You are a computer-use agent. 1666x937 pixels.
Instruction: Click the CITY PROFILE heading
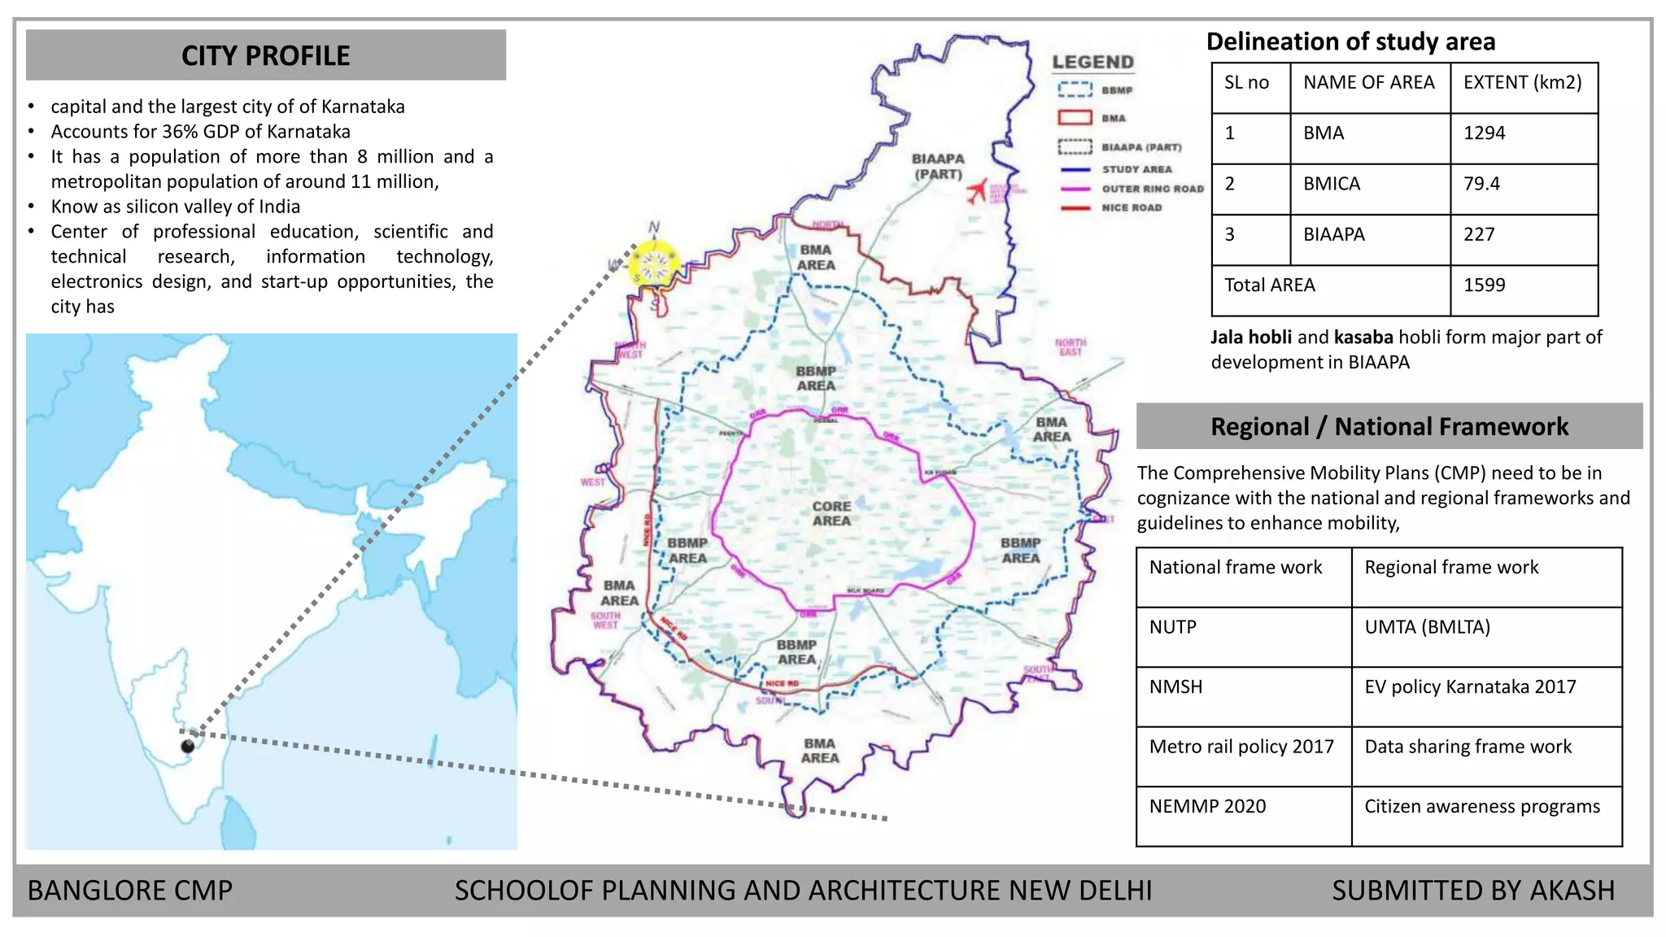pos(265,55)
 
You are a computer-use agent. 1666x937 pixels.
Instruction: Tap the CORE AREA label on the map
pos(831,513)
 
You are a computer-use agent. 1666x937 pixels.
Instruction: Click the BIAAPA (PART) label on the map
pos(938,166)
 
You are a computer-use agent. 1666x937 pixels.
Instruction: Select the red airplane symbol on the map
pos(977,191)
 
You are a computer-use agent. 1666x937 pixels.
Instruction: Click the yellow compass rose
pos(654,264)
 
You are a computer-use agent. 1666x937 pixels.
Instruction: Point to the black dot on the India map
pos(188,746)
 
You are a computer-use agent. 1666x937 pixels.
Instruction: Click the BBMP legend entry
pos(1095,90)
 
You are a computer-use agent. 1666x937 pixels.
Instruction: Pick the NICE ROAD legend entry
pos(1131,208)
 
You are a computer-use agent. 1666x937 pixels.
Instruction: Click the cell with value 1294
pos(1485,133)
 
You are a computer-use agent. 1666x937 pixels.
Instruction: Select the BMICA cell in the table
pos(1332,184)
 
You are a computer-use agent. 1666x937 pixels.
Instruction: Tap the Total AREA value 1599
pos(1485,285)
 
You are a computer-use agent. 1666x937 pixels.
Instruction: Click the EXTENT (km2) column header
pos(1522,83)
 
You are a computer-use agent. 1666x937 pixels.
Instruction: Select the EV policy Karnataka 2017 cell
pos(1470,687)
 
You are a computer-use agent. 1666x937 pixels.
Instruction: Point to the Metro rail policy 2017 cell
pos(1241,747)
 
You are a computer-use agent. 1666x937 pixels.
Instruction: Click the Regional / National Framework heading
pos(1389,427)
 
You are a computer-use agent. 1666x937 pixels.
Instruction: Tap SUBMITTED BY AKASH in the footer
pos(1472,891)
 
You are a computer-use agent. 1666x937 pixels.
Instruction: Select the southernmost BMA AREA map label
pos(819,751)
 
